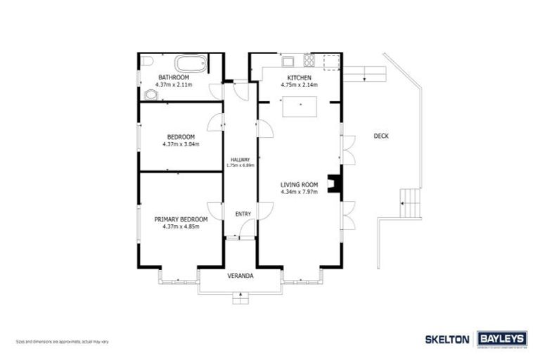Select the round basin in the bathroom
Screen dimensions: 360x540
151,94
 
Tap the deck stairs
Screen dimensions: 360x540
409,205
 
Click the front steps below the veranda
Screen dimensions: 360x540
240,299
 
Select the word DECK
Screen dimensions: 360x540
380,137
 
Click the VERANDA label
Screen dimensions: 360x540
240,276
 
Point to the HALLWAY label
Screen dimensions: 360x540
240,160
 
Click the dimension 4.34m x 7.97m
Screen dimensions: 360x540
300,191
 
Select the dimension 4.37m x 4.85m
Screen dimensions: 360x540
181,226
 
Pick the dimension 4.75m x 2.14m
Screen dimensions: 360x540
299,84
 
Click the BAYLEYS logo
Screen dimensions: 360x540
502,339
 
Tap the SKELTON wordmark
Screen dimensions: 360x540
446,339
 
